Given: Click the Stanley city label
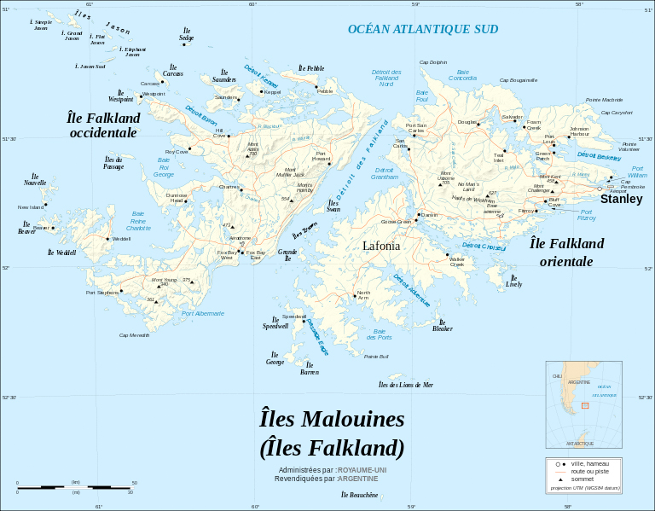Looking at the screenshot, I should pyautogui.click(x=621, y=199).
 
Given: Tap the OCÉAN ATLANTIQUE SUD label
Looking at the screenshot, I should pyautogui.click(x=422, y=29).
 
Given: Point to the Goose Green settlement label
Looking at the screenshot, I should pyautogui.click(x=396, y=222).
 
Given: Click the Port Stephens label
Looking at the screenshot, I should pyautogui.click(x=102, y=293).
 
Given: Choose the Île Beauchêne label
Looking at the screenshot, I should pyautogui.click(x=359, y=495).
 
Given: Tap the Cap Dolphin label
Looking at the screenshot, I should pyautogui.click(x=432, y=62).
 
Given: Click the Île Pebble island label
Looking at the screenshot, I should pyautogui.click(x=310, y=68).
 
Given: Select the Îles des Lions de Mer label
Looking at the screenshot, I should pyautogui.click(x=406, y=385).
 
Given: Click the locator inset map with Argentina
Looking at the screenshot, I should pyautogui.click(x=582, y=404).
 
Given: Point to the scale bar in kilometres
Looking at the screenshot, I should pyautogui.click(x=75, y=486).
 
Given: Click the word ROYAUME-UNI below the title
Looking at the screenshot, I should pyautogui.click(x=362, y=470).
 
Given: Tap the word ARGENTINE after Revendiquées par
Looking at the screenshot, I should pyautogui.click(x=357, y=479).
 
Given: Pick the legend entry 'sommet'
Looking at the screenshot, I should pyautogui.click(x=580, y=479).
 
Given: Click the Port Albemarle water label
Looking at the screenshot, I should pyautogui.click(x=203, y=313).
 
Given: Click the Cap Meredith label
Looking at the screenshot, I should pyautogui.click(x=134, y=335).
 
